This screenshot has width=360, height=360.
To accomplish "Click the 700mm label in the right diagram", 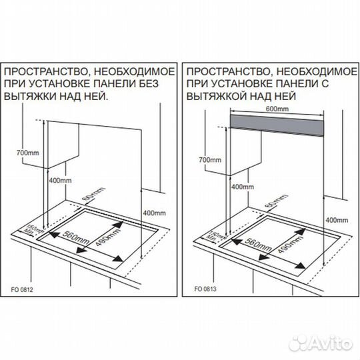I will (209, 160).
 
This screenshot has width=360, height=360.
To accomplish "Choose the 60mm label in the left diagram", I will (96, 195).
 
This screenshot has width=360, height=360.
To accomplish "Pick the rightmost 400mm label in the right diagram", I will (336, 219).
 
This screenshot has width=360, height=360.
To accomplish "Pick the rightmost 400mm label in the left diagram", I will (155, 213).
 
